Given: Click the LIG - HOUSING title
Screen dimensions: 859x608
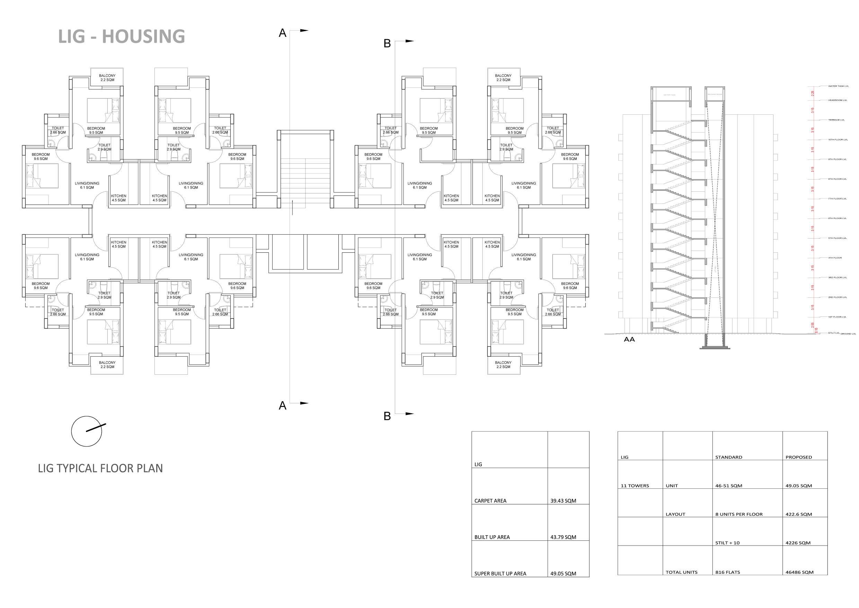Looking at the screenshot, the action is click(122, 36).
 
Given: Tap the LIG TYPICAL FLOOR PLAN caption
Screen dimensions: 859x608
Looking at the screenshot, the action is click(100, 468).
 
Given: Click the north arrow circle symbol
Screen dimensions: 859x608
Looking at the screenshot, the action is click(87, 431).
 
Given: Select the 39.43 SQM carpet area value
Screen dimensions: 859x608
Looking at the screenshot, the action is click(563, 501).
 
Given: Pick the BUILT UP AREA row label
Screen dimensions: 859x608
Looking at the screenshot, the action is click(492, 537).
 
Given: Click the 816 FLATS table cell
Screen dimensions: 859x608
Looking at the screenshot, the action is click(728, 572).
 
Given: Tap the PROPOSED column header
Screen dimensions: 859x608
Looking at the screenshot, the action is click(799, 458).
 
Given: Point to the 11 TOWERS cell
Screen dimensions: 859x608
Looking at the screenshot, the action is click(635, 486).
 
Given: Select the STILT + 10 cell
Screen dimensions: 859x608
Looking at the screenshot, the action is click(727, 543).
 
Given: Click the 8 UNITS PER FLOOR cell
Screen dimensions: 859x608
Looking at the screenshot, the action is click(739, 514).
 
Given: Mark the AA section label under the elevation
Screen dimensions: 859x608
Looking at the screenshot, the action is click(629, 340).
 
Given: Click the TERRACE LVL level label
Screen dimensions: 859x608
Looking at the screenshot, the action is click(836, 120).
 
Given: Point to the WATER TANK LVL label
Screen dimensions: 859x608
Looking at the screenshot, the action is click(839, 86).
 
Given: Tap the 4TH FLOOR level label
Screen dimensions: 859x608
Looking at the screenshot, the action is click(835, 258).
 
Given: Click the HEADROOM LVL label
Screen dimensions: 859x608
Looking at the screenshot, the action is click(837, 100).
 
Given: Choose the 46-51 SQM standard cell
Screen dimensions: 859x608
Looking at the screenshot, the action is click(729, 486).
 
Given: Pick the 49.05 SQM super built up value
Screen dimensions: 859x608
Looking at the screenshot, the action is click(563, 574).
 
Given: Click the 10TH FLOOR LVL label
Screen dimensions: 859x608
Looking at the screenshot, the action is click(837, 140).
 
